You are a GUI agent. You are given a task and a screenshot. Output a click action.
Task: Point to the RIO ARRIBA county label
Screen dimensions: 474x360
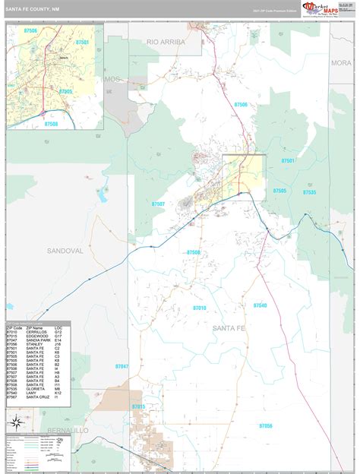166,43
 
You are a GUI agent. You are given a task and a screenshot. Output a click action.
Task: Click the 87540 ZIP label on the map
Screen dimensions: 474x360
259,305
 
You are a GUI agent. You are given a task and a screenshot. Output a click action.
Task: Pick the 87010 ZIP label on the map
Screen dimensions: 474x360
199,308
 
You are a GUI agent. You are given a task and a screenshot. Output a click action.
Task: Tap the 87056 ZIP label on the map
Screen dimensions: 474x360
265,426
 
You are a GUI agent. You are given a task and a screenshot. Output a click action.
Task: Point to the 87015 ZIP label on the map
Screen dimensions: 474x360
138,407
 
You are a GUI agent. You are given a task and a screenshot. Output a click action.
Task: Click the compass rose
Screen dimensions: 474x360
15,423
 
